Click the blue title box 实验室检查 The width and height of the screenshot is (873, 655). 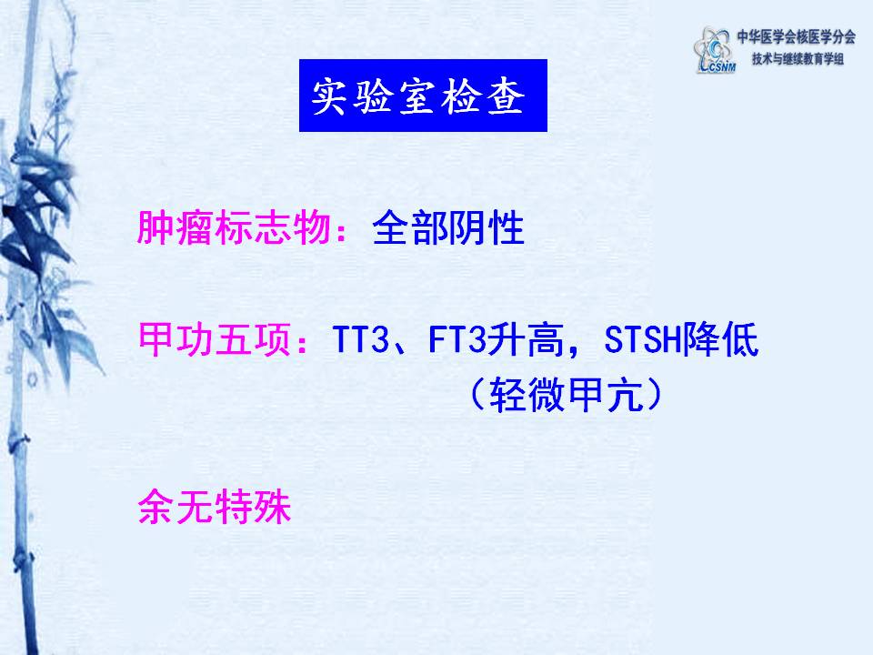(423, 96)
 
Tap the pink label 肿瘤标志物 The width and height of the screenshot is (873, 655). (234, 227)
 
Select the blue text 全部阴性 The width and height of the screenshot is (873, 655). (448, 227)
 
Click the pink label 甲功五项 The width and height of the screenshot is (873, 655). (214, 339)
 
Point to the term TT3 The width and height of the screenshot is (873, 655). (360, 339)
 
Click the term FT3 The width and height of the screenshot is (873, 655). (457, 339)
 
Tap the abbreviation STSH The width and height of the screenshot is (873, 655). (643, 339)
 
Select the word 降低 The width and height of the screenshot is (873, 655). (720, 339)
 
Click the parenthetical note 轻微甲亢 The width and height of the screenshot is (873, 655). (567, 395)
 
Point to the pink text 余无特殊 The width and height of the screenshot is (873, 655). (215, 507)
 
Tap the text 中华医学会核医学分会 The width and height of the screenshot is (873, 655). (797, 36)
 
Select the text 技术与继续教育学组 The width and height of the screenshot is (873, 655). (798, 58)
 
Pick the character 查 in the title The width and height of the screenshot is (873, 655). (507, 96)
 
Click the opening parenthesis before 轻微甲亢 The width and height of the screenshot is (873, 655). (477, 395)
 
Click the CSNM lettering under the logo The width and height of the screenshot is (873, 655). (718, 67)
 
